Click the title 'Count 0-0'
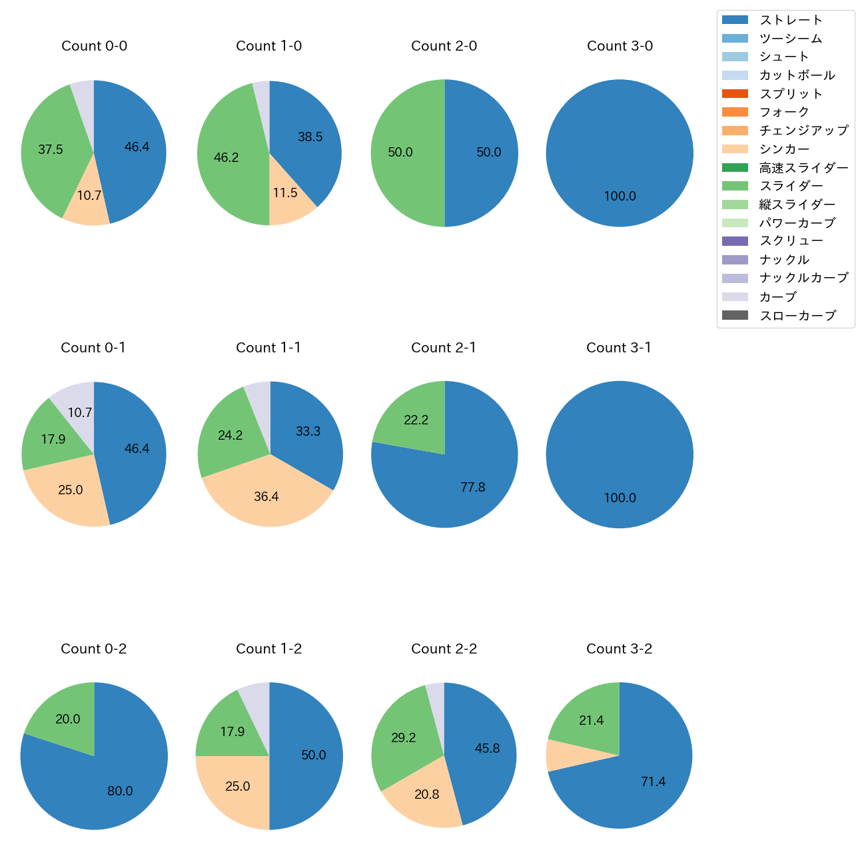(94, 46)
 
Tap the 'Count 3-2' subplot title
(619, 649)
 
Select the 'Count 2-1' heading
(444, 348)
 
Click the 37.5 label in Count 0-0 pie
(51, 150)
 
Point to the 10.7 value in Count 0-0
(89, 196)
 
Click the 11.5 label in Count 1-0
(285, 193)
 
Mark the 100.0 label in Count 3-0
(620, 197)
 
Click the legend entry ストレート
(791, 20)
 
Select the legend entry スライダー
(791, 186)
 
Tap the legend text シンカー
(784, 149)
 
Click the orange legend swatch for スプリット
(735, 94)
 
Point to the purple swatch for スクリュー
(735, 241)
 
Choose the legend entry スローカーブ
(797, 316)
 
